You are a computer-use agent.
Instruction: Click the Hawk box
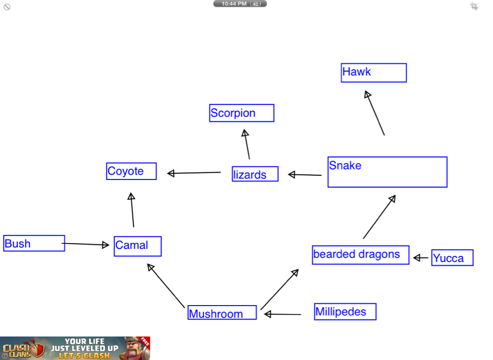(x=374, y=73)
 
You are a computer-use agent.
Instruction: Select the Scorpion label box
(x=242, y=113)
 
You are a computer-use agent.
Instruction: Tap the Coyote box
(x=131, y=171)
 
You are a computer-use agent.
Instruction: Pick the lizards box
(x=255, y=174)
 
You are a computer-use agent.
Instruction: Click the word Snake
(x=345, y=166)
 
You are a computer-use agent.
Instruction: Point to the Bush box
(x=34, y=244)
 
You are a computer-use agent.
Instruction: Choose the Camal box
(x=138, y=246)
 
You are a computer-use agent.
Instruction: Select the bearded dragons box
(x=361, y=255)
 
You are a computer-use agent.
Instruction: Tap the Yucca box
(x=453, y=258)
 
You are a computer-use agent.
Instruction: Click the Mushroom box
(x=222, y=313)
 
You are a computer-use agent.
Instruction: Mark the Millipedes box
(x=345, y=312)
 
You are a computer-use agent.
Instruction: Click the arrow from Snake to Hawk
(x=375, y=114)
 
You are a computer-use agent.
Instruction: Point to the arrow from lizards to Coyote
(x=194, y=173)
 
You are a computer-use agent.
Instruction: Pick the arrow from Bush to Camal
(x=85, y=244)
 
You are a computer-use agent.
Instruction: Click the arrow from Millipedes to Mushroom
(x=283, y=314)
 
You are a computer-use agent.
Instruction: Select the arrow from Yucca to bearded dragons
(x=421, y=258)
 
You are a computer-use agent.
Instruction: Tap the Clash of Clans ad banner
(x=75, y=348)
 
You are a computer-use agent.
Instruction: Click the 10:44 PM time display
(x=240, y=4)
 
